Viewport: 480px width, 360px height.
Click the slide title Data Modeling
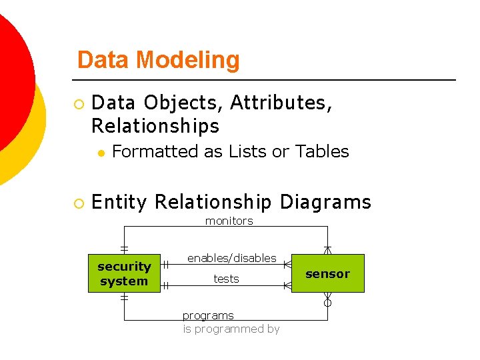click(158, 60)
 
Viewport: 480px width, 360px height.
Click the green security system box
click(124, 273)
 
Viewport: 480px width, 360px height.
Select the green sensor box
click(327, 273)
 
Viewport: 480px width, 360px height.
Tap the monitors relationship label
click(229, 221)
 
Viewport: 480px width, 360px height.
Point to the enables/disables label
click(231, 258)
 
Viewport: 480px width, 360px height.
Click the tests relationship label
click(226, 279)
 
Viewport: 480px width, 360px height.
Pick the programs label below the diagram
click(208, 315)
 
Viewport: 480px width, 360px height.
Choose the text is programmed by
click(231, 329)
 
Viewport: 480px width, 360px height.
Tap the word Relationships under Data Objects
click(155, 125)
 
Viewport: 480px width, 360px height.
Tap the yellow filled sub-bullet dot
click(100, 153)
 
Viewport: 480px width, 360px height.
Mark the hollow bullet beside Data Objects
click(79, 104)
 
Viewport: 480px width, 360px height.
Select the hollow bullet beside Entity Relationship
click(79, 203)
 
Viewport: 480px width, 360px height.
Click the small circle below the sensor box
click(327, 303)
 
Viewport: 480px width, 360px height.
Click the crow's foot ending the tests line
click(287, 285)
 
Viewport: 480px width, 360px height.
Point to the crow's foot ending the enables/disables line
click(287, 265)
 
